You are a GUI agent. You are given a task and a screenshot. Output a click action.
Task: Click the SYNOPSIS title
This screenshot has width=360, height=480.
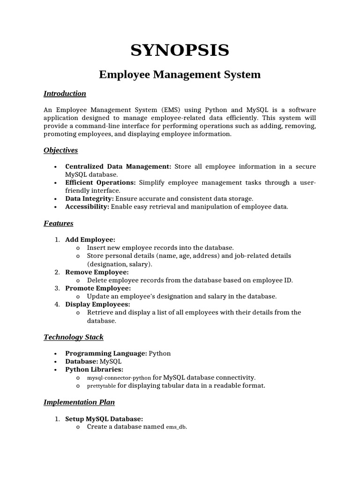(180, 50)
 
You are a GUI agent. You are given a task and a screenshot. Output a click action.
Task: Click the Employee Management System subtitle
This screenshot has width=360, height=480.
(180, 75)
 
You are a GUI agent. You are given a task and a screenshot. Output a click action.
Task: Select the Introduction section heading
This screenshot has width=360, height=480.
(65, 93)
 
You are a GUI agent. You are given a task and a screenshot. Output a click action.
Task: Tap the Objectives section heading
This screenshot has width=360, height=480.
(60, 150)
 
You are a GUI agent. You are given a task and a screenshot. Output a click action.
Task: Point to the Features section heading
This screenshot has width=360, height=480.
(58, 223)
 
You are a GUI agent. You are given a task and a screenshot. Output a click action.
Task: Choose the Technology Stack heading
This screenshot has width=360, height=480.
(74, 337)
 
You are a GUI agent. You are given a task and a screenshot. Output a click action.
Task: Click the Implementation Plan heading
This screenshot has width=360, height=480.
(79, 402)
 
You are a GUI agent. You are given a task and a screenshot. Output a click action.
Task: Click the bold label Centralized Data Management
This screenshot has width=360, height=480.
(119, 166)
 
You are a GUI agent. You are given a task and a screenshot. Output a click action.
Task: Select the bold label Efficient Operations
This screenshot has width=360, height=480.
(100, 182)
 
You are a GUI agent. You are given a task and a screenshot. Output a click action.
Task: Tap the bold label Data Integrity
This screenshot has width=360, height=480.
(90, 199)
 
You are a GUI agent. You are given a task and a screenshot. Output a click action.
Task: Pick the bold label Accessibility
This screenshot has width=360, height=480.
(87, 207)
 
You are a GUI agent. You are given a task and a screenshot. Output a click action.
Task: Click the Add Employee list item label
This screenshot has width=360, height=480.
(90, 240)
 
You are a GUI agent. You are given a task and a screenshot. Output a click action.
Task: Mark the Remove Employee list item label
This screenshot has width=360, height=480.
(97, 272)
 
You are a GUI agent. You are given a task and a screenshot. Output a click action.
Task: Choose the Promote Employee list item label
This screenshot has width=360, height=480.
(97, 288)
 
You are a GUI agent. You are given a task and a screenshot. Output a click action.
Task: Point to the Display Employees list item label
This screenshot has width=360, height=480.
(97, 304)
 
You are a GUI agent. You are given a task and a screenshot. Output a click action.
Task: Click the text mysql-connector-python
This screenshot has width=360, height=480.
(119, 378)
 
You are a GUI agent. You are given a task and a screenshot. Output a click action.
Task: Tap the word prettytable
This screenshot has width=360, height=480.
(101, 386)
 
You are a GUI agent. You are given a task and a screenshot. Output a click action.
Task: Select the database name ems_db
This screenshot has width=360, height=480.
(176, 427)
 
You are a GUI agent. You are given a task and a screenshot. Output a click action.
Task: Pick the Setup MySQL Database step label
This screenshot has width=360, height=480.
(104, 419)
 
